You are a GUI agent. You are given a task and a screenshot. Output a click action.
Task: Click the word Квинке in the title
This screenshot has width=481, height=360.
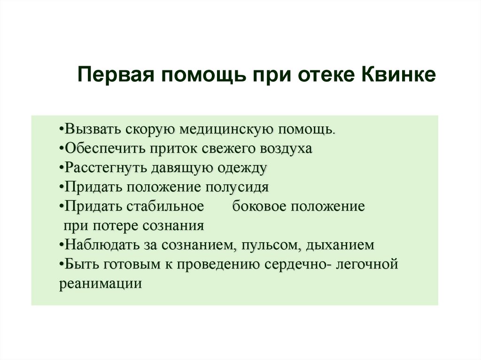[x=398, y=75]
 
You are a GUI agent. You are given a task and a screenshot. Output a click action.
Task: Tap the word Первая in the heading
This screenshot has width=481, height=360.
[x=116, y=75]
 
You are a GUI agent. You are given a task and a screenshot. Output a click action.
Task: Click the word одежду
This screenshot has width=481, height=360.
[x=242, y=169]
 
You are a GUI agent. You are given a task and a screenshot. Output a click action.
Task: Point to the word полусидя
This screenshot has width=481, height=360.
[x=237, y=188]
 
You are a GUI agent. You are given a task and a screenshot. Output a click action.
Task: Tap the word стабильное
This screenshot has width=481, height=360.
[x=165, y=207]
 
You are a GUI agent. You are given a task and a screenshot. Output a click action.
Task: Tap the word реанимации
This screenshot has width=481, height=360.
[x=101, y=284]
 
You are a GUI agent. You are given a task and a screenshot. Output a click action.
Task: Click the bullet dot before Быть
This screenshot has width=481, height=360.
[x=62, y=265]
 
